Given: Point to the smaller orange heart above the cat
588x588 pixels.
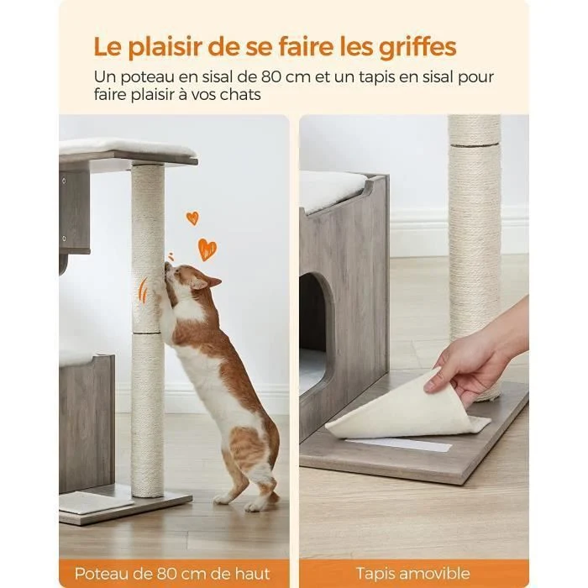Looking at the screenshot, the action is click(192, 218).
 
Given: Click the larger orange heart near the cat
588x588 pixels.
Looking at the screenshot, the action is click(207, 249).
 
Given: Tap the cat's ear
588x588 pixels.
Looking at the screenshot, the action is click(210, 282).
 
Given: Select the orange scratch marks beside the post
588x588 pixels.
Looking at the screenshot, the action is click(143, 290).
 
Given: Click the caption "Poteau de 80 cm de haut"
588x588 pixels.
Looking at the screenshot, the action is click(172, 574).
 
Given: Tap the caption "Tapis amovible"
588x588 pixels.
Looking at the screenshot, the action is click(413, 574).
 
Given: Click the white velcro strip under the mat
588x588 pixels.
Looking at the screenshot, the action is click(398, 444).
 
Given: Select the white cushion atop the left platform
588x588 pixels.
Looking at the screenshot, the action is click(128, 147).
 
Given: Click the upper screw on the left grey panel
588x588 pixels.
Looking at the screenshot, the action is click(64, 181).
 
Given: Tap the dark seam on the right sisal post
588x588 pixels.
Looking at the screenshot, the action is click(475, 144).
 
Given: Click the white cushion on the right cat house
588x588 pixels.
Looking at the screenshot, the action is click(333, 192).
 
